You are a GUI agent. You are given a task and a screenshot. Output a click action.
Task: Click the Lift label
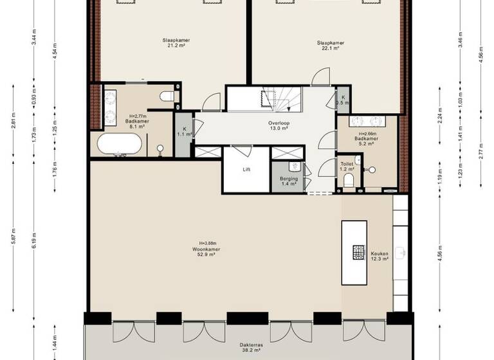(246, 170)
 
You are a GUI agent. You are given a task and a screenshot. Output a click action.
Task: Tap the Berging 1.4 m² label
(289, 181)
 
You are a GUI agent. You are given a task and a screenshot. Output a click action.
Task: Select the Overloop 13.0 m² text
(278, 125)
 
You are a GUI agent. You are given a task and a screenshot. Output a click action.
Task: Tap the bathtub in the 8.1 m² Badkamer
(118, 144)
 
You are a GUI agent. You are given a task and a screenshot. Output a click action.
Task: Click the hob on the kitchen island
(358, 252)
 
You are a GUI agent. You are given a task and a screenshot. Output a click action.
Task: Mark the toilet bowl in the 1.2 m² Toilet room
(349, 181)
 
